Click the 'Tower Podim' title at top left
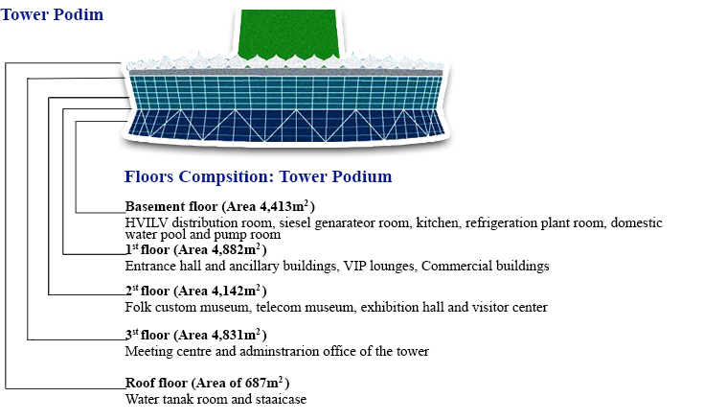pyautogui.click(x=52, y=14)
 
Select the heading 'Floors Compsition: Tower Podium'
pyautogui.click(x=258, y=176)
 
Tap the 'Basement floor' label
pyautogui.click(x=171, y=206)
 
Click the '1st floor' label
pyautogui.click(x=147, y=250)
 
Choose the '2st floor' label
pyautogui.click(x=147, y=292)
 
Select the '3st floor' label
pyautogui.click(x=147, y=336)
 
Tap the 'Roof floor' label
pyautogui.click(x=156, y=383)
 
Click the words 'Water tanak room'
pyautogui.click(x=176, y=400)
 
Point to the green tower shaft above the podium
pyautogui.click(x=288, y=35)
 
